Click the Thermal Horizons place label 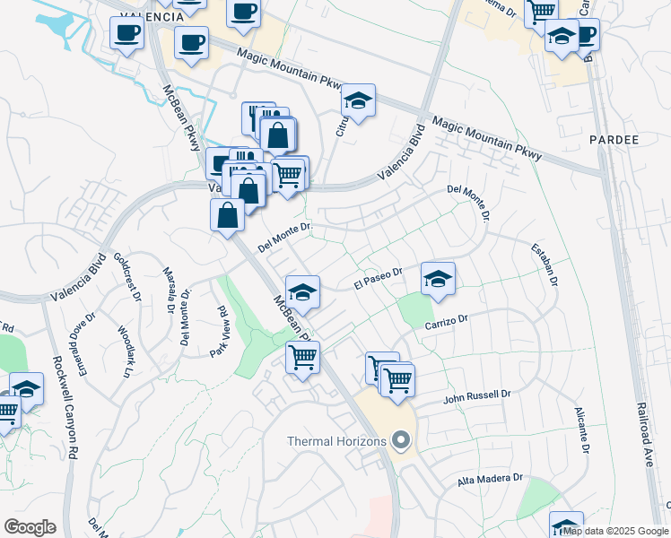[x=336, y=441]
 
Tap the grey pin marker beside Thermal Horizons [x=401, y=441]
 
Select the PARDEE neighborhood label [x=614, y=141]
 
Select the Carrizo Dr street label [x=447, y=321]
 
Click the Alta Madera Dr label [x=490, y=480]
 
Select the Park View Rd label [x=218, y=332]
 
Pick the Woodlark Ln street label [x=125, y=348]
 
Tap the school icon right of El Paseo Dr [x=438, y=279]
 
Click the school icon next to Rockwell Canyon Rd [x=27, y=389]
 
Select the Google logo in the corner [x=30, y=527]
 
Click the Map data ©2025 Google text [x=614, y=531]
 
